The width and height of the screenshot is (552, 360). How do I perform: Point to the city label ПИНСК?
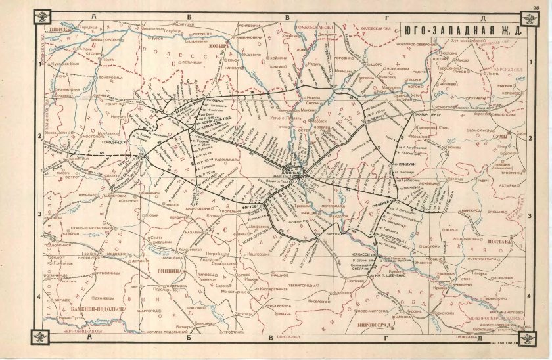(x=53, y=30)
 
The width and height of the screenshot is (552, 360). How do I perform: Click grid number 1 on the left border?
(x=41, y=65)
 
